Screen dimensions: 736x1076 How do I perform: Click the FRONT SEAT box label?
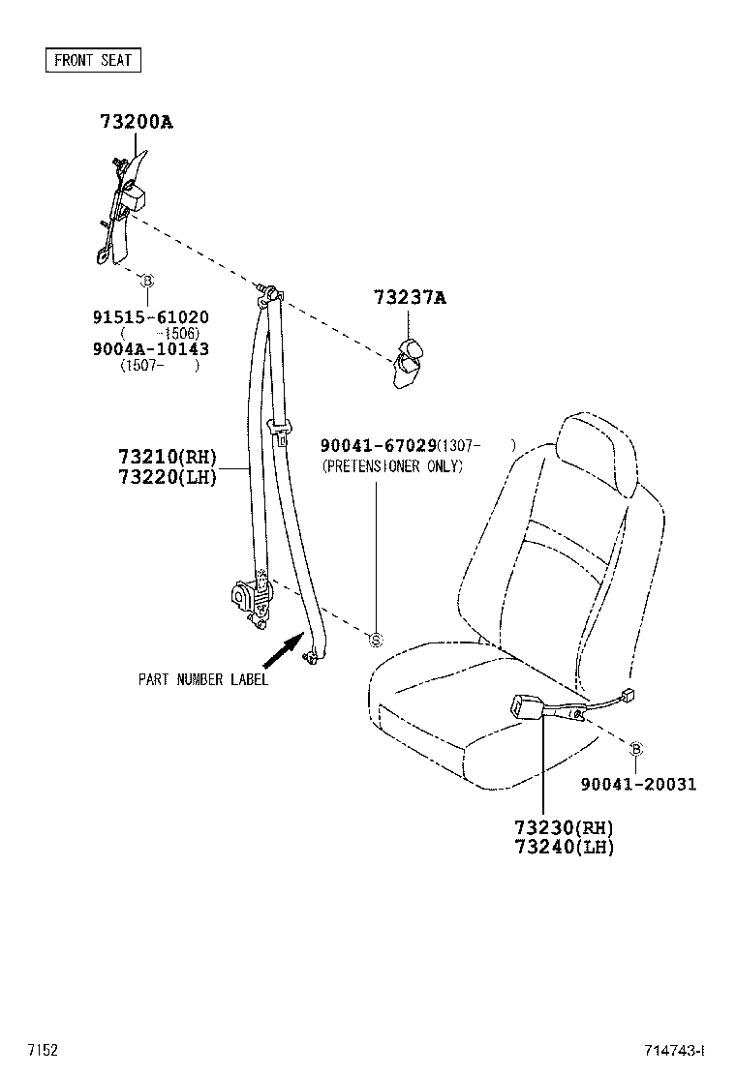(x=93, y=60)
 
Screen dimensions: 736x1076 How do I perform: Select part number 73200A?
(x=137, y=122)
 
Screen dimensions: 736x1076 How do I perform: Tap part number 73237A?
(x=410, y=297)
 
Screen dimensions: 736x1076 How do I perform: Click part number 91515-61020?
(x=151, y=317)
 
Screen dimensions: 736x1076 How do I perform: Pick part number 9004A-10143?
(x=151, y=348)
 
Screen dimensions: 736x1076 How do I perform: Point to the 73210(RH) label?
(x=168, y=457)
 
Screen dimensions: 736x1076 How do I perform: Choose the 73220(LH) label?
(x=168, y=476)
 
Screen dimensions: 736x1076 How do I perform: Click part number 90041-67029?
(x=379, y=445)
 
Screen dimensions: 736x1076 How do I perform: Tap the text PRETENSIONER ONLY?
(x=393, y=466)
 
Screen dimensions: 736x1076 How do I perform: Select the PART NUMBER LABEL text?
(x=203, y=679)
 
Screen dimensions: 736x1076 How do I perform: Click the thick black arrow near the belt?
(x=284, y=649)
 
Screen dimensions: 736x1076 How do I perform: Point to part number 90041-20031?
(x=638, y=784)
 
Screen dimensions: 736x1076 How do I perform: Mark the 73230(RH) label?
(x=565, y=827)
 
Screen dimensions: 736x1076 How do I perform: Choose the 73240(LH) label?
(x=565, y=847)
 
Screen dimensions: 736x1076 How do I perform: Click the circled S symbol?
(x=376, y=641)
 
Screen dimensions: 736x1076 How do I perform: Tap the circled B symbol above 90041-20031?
(x=635, y=749)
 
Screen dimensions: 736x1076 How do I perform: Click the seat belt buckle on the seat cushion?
(x=528, y=706)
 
